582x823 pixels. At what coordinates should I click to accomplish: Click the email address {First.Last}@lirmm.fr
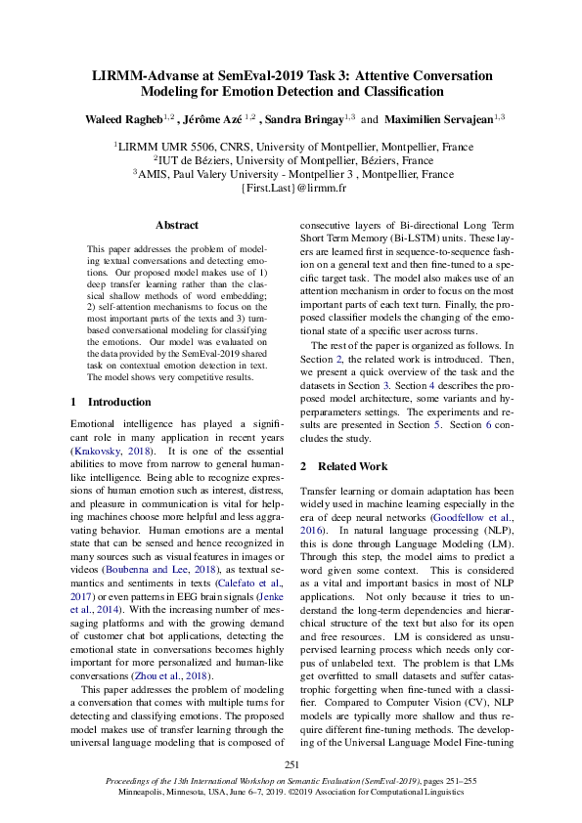point(291,189)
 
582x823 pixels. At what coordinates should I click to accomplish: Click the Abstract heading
point(176,225)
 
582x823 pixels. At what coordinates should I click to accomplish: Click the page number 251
point(291,764)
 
